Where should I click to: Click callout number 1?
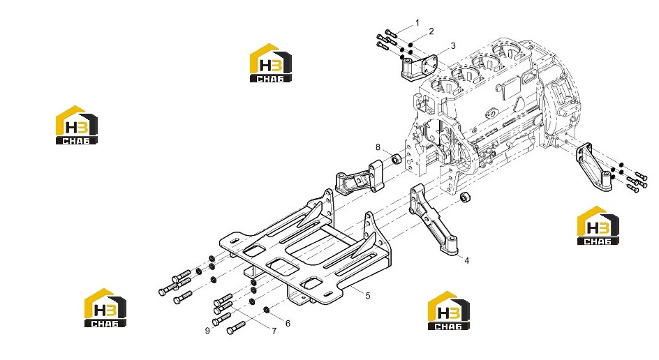point(417,23)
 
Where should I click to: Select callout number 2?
point(431,31)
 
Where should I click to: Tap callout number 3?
point(453,45)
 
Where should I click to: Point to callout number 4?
point(466,261)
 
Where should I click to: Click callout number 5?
point(368,296)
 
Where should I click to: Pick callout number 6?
point(288,324)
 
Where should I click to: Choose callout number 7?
point(274,331)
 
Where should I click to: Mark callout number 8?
point(378,147)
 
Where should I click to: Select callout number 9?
point(207,331)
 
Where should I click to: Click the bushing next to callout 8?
point(396,159)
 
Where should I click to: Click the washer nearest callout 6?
point(267,310)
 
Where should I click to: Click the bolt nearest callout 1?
point(390,33)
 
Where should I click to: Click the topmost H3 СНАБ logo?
point(271,63)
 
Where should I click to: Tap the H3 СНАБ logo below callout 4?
point(449,310)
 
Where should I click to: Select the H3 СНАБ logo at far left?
point(77,125)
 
